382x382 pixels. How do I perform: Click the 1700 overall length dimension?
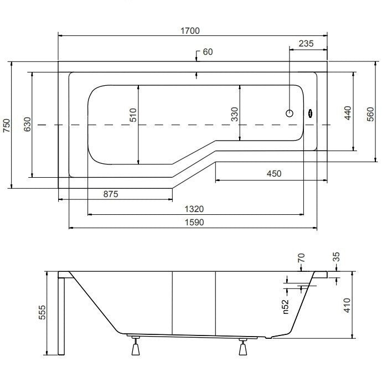tap(190, 31)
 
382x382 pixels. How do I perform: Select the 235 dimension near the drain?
tap(306, 44)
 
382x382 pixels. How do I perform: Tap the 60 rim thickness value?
tap(208, 52)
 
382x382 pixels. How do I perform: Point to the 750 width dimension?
tap(7, 126)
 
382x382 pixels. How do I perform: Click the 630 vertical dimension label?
tap(27, 124)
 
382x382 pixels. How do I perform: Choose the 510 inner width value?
tap(133, 115)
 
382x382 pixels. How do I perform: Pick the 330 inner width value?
tap(235, 114)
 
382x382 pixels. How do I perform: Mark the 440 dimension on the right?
tap(348, 113)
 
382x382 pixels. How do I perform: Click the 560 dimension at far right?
tap(370, 114)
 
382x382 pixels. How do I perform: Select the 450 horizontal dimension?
tap(274, 174)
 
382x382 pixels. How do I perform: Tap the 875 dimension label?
tap(111, 194)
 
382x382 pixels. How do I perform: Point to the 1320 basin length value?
tap(194, 209)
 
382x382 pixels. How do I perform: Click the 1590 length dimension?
tap(194, 223)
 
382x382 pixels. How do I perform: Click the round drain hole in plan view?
tap(290, 113)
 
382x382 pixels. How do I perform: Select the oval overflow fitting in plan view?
tap(310, 113)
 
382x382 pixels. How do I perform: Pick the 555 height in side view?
tap(42, 312)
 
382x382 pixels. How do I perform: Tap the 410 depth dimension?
tap(347, 305)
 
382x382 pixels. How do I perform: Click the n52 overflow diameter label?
tap(286, 307)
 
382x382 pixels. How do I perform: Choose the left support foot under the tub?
tap(136, 346)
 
